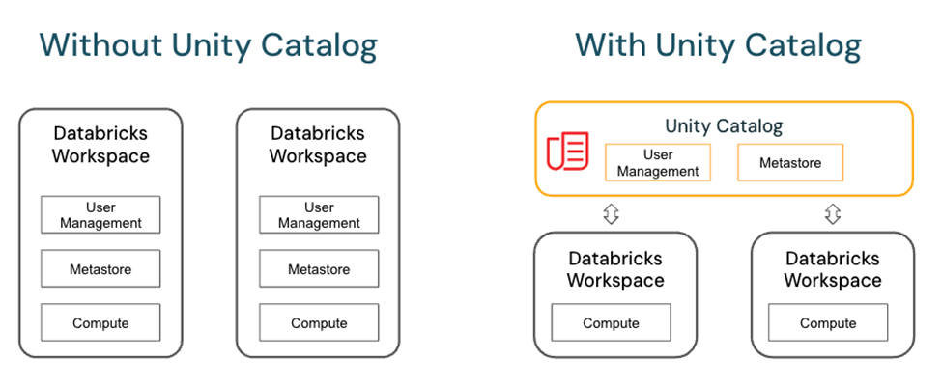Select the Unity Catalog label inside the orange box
coord(724,125)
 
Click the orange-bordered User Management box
coord(658,163)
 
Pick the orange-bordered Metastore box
coord(790,163)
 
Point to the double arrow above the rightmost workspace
coord(833,214)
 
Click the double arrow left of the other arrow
coord(611,214)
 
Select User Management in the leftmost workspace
coord(100,214)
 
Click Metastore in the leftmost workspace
coord(100,269)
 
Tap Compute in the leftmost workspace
coord(100,323)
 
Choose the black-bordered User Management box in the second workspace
coord(319,214)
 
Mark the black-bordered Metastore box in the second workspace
coord(319,269)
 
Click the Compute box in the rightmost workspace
coord(828,323)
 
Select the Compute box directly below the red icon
coord(611,323)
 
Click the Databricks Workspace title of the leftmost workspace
coord(100,145)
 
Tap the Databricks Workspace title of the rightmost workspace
coord(832,269)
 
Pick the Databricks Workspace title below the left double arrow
coord(615,269)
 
